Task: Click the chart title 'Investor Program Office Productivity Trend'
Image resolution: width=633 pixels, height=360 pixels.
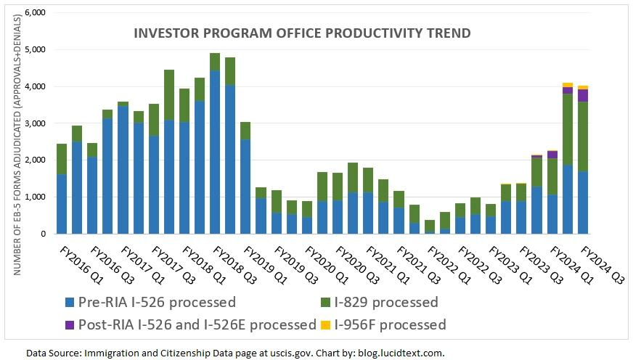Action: (x=302, y=33)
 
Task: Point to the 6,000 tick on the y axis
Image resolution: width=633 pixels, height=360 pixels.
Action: (x=36, y=13)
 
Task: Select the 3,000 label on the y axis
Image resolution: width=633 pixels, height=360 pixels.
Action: (x=36, y=124)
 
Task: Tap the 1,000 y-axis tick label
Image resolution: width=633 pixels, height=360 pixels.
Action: (x=36, y=197)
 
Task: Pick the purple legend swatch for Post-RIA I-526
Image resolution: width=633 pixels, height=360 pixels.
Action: (x=69, y=324)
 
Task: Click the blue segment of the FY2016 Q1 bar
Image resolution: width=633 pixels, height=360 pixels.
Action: (x=62, y=204)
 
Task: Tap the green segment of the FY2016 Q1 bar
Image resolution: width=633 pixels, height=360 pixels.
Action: (x=62, y=159)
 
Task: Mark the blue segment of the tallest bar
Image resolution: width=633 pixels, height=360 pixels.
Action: (x=215, y=152)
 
